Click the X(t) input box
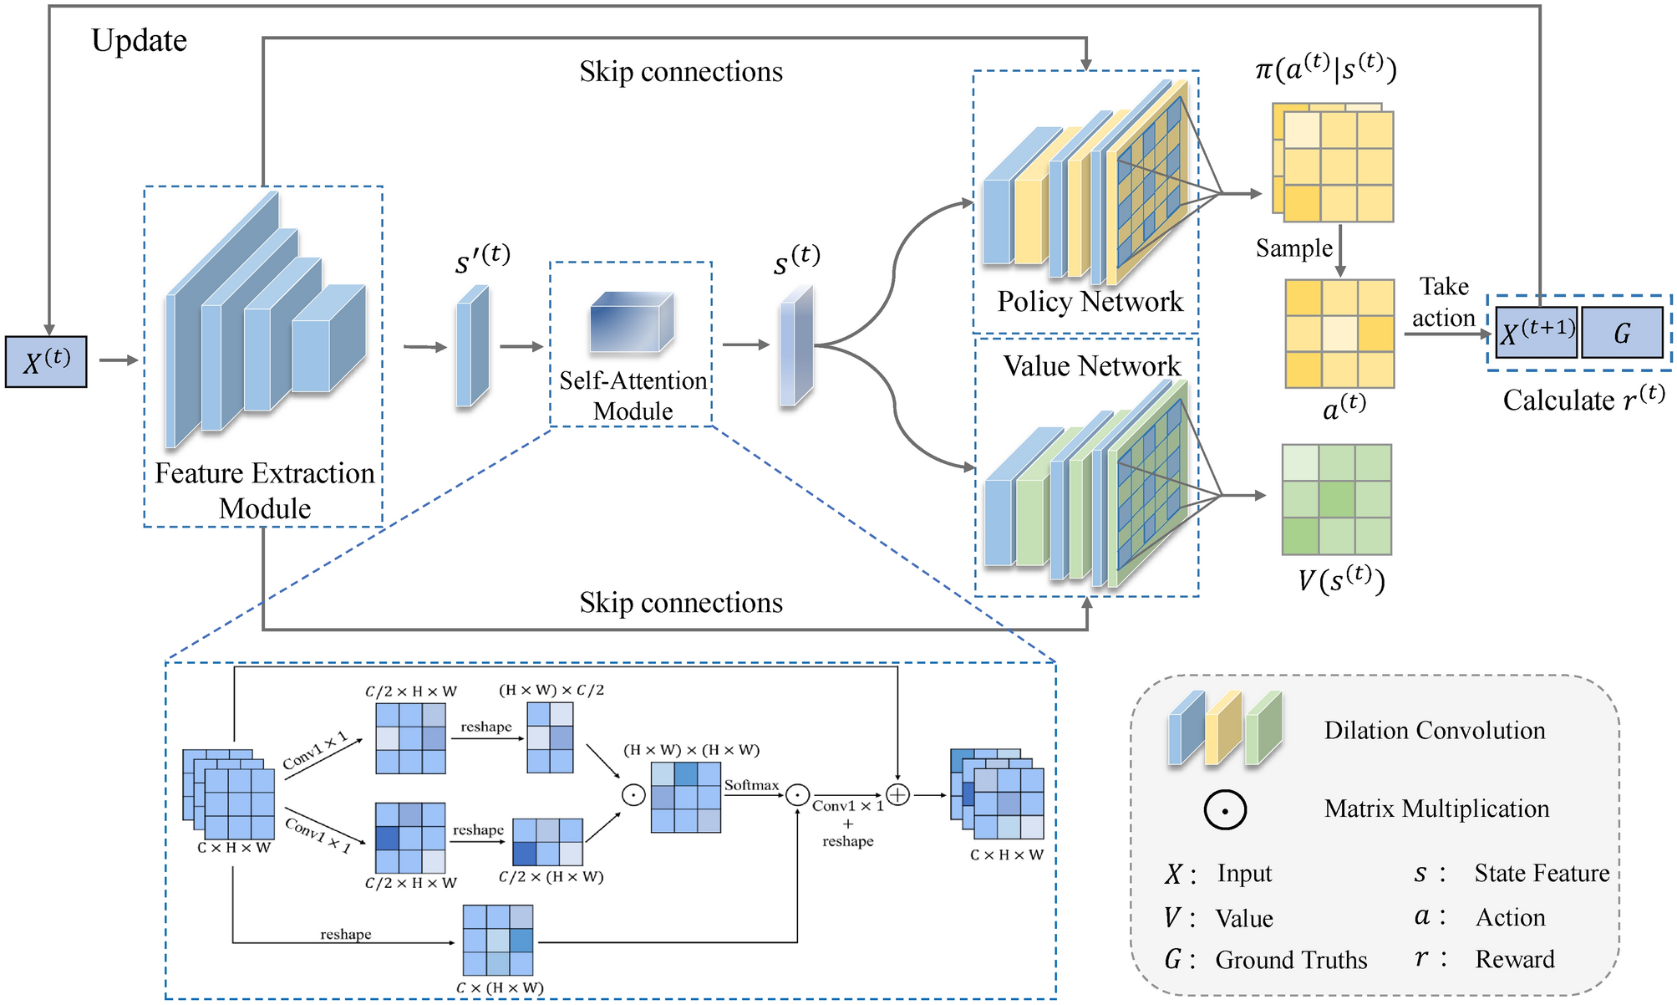point(46,361)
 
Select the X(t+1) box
point(1536,332)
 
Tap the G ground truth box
point(1622,332)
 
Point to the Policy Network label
point(1090,301)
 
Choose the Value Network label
point(1091,366)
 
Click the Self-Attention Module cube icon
point(632,321)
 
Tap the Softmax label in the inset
point(751,785)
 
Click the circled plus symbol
point(897,794)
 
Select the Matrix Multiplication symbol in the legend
point(1225,809)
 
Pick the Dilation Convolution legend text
point(1434,731)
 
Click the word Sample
point(1294,248)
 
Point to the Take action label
point(1444,302)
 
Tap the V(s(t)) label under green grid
point(1341,579)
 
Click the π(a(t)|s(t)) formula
point(1325,68)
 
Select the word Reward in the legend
point(1515,959)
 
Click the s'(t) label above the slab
point(482,258)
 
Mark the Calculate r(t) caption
point(1584,399)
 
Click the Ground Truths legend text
point(1291,960)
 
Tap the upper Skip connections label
point(681,72)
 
